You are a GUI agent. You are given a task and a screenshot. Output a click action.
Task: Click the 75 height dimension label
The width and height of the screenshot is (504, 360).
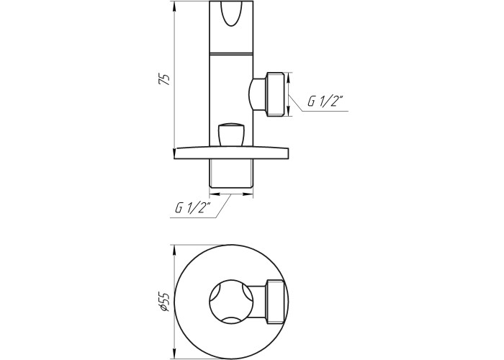(165, 79)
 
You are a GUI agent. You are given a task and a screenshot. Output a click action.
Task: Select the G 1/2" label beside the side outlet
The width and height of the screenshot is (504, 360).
(325, 101)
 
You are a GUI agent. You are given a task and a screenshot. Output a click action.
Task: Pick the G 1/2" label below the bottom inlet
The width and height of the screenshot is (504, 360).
(192, 207)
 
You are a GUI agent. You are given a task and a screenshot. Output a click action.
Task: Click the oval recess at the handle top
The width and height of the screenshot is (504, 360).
(231, 14)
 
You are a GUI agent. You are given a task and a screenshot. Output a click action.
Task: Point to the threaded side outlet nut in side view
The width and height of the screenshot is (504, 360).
(275, 94)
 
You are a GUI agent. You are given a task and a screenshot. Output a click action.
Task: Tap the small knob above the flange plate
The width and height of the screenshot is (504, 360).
(231, 134)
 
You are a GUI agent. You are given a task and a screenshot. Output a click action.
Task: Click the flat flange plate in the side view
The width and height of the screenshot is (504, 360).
(231, 153)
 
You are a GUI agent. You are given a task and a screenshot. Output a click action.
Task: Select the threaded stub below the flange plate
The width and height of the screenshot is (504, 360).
(231, 174)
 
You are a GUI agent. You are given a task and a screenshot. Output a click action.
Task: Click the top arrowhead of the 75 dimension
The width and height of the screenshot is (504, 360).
(174, 6)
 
